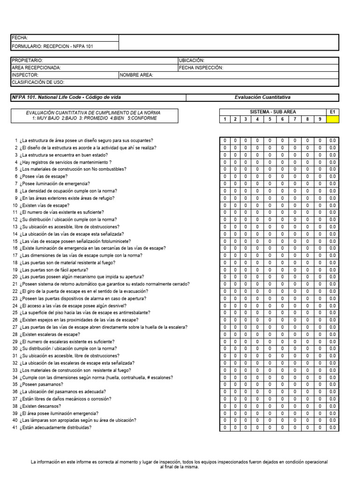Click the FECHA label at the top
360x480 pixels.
pos(20,38)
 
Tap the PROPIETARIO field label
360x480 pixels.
pos(28,60)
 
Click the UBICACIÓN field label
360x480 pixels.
pos(192,60)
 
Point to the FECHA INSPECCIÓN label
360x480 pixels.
pos(201,67)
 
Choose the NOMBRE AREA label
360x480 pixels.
pos(136,75)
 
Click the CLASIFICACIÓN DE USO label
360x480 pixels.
pos(37,82)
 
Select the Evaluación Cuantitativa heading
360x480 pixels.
pos(262,97)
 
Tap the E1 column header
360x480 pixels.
pos(332,112)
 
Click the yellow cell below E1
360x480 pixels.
pos(332,120)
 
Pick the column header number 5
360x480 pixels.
pos(270,120)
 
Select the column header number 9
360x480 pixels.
pos(320,120)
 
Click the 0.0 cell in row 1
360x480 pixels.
pos(332,141)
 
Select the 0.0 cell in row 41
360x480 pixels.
pos(332,427)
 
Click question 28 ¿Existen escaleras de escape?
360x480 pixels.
pos(50,334)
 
